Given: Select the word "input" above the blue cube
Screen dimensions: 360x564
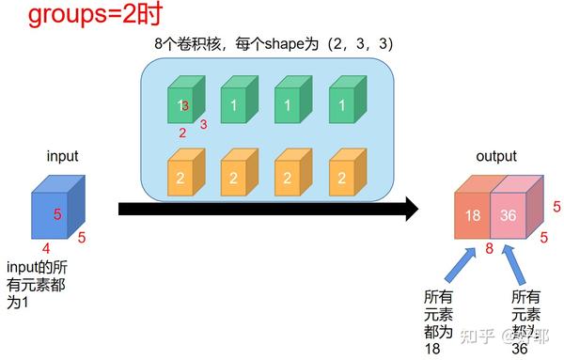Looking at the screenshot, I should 62,156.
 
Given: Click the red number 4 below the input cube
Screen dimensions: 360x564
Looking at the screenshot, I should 46,249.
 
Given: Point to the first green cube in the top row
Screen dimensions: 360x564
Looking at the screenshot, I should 182,102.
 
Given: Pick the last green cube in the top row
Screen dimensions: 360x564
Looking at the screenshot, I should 341,102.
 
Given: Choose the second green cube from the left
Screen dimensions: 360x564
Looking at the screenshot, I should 235,102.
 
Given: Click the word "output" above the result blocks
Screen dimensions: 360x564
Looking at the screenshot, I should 495,157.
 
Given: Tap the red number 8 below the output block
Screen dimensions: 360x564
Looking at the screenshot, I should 490,249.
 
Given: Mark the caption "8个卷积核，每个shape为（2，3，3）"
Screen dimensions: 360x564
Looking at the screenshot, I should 273,43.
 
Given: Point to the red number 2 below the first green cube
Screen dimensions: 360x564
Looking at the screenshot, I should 181,133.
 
